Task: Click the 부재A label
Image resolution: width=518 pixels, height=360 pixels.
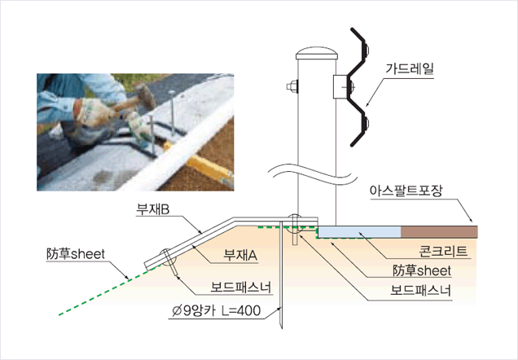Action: (x=241, y=255)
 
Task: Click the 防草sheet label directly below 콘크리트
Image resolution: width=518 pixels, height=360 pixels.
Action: (x=421, y=271)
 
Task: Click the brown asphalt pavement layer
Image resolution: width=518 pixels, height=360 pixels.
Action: (x=440, y=231)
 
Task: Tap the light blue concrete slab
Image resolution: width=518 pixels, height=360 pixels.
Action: (x=359, y=232)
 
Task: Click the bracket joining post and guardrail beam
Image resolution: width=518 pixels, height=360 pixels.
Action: (x=340, y=86)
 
